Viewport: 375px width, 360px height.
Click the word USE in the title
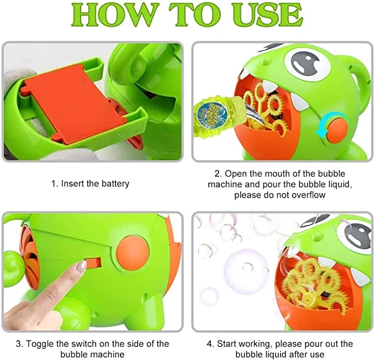(x=265, y=16)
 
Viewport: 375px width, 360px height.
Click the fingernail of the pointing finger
(x=82, y=267)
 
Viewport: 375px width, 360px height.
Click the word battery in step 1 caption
(x=114, y=183)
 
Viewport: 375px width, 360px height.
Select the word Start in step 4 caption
(x=230, y=344)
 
